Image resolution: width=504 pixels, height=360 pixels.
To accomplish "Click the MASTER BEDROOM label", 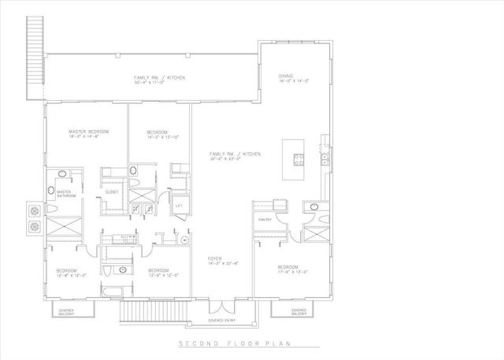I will pyautogui.click(x=87, y=131).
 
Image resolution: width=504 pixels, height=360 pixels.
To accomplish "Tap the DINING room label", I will pyautogui.click(x=285, y=76).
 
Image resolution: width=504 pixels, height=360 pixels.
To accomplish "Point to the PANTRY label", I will pyautogui.click(x=265, y=220).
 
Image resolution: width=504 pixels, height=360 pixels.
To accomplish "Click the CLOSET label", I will pyautogui.click(x=111, y=192).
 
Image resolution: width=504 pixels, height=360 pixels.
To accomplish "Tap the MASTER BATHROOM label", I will pyautogui.click(x=64, y=194).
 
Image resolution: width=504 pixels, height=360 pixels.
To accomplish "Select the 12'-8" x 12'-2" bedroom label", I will pyautogui.click(x=65, y=273).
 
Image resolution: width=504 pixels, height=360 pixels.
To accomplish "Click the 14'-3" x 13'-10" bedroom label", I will pyautogui.click(x=159, y=132).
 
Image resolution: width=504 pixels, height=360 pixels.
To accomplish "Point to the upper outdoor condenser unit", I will pyautogui.click(x=36, y=211).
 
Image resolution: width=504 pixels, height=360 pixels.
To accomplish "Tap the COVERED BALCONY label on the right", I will pyautogui.click(x=299, y=312).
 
